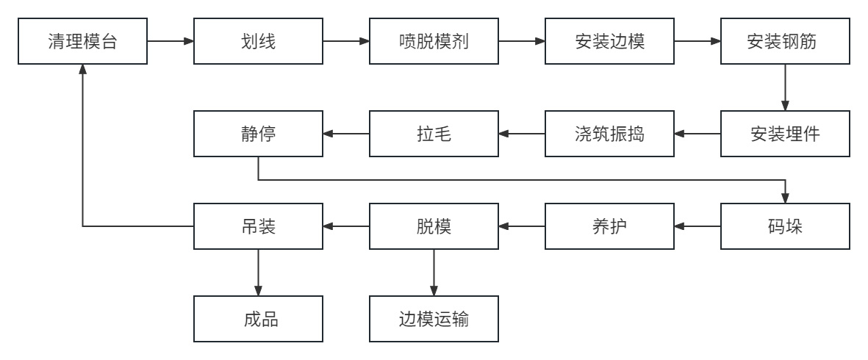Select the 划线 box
tap(258, 41)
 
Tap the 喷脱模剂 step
tap(434, 41)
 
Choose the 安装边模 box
tap(609, 41)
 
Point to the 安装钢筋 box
tap(786, 41)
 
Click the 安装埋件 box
tap(786, 134)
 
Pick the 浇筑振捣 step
tap(609, 134)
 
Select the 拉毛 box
tap(434, 134)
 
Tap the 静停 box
tap(258, 134)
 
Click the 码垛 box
tap(786, 226)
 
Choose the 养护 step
tap(609, 226)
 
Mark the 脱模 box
tap(434, 226)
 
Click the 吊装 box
tap(258, 226)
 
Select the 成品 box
tap(258, 319)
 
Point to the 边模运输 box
tap(434, 319)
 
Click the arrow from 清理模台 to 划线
tap(170, 41)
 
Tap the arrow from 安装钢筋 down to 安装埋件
tap(786, 87)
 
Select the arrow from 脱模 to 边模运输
tap(434, 273)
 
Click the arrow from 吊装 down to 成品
tap(258, 273)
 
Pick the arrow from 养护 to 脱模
tap(522, 226)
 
